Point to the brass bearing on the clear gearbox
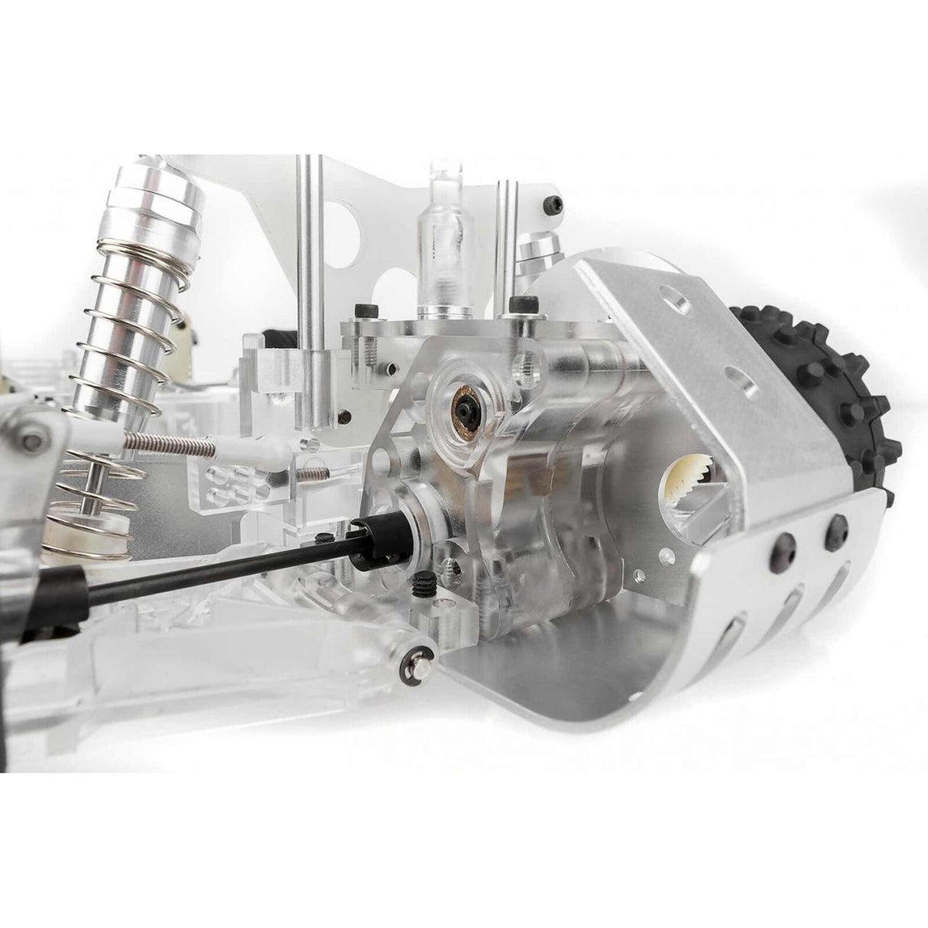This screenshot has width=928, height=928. (x=463, y=397)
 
